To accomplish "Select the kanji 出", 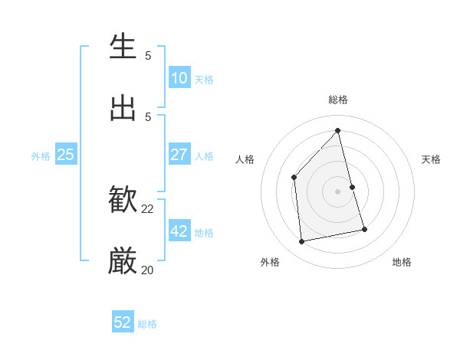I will pos(123,108).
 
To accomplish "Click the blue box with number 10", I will pos(179,78).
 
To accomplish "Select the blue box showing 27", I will pos(179,155).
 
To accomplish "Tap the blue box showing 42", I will pos(179,232).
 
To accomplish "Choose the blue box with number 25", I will pos(65,155).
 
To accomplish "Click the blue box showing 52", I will pos(123,322).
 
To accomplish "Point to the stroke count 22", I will pos(147,209).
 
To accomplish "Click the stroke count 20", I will pos(147,270).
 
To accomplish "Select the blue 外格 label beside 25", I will pos(41,155).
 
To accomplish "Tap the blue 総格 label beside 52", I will pos(147,324).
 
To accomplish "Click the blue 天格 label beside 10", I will pos(204,80).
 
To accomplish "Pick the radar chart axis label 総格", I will pos(338,100).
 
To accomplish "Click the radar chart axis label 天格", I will pos(431,159).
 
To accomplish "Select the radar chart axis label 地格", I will pos(402,262).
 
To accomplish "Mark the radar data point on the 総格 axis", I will pos(338,131).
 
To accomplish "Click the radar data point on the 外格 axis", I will pos(302,242).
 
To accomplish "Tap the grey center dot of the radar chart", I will pos(338,191).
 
